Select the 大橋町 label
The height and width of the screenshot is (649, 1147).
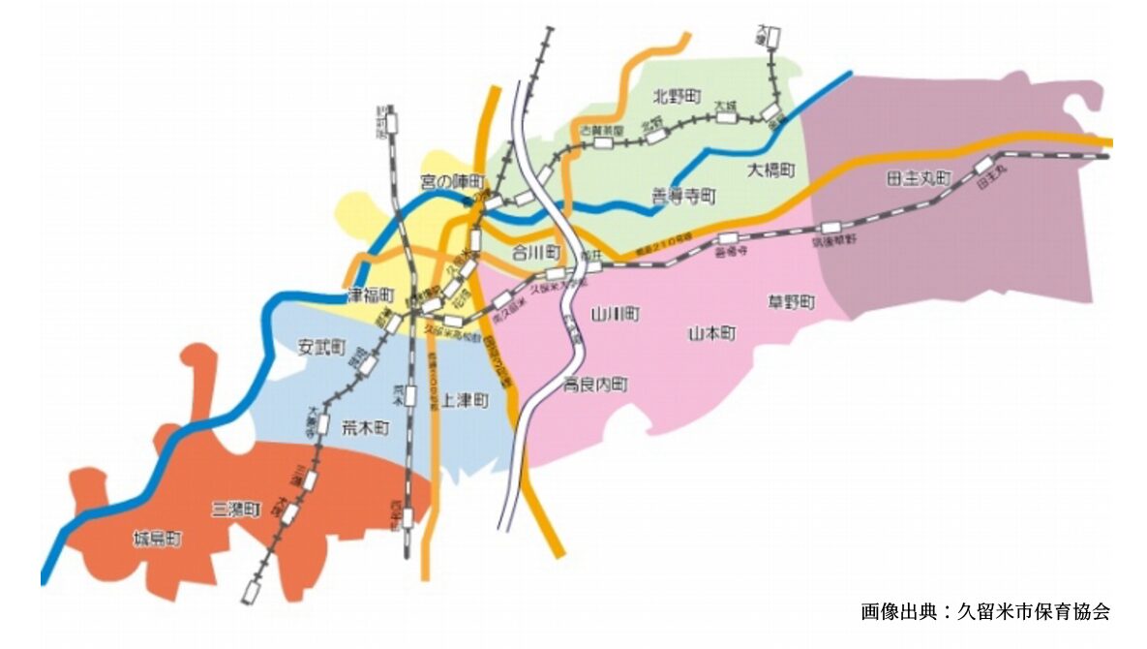[771, 170]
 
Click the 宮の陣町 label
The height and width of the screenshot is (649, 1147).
[451, 181]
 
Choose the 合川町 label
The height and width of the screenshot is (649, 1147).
[536, 253]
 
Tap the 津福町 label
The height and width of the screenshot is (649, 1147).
[372, 293]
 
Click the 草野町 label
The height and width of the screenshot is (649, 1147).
[791, 302]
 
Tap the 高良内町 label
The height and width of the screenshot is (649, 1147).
[595, 385]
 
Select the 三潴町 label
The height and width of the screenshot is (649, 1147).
[236, 509]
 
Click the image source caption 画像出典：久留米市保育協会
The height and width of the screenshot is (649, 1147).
[984, 612]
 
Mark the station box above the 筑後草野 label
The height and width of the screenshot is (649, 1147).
[830, 227]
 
